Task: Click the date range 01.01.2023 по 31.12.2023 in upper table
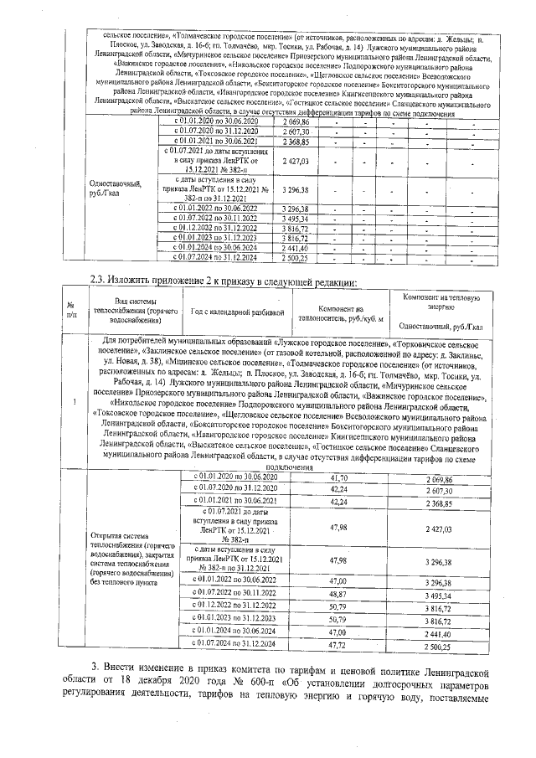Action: tap(218, 238)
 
